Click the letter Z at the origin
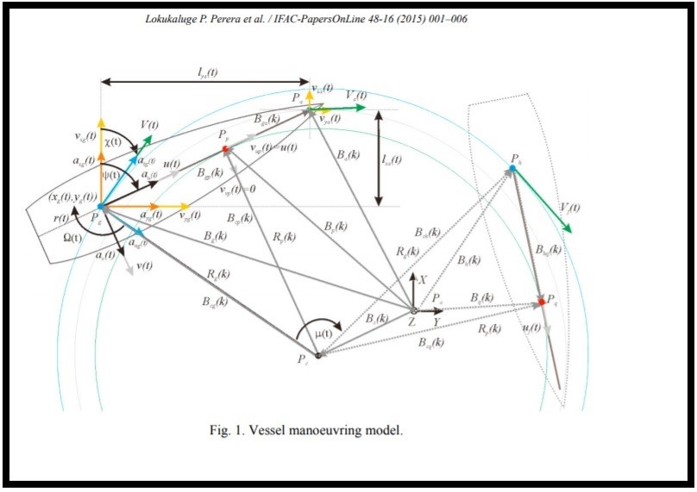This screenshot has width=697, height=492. point(412,322)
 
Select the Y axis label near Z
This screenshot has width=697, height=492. point(437,322)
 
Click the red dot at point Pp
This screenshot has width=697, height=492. point(226,149)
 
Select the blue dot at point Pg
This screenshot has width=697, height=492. point(101,207)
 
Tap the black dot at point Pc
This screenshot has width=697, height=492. point(318,356)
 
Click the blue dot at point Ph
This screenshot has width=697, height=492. point(512,168)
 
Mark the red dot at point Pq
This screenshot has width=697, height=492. point(542,302)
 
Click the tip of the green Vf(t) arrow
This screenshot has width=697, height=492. point(571,232)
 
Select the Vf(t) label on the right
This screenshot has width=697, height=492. point(569,209)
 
